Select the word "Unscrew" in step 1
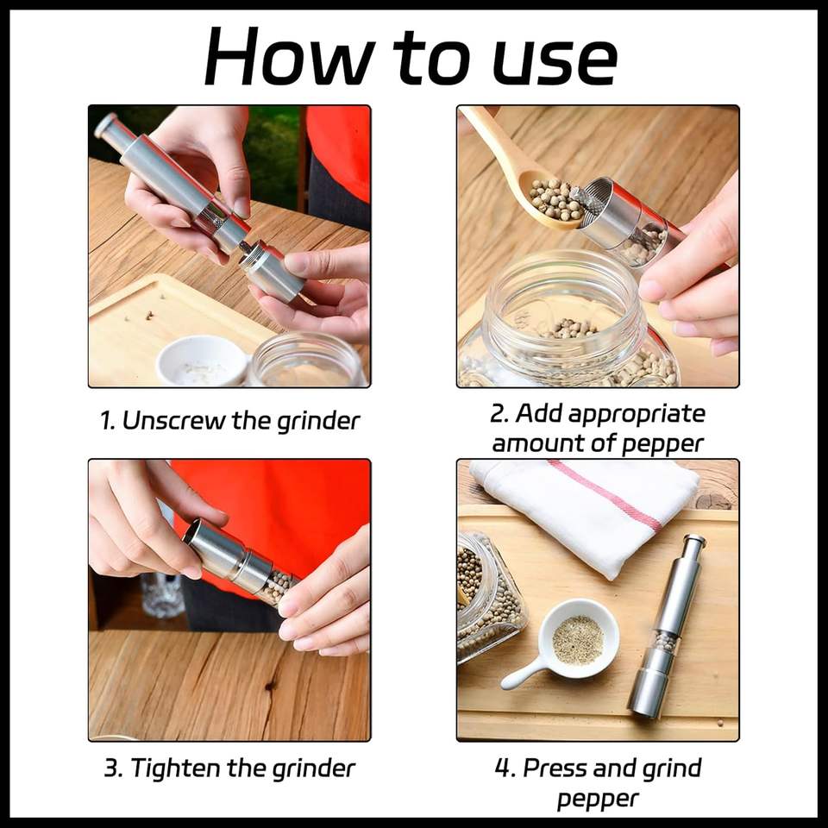pos(173,421)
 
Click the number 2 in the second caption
pos(498,413)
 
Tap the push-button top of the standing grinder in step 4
pos(693,541)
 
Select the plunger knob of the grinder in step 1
pos(105,124)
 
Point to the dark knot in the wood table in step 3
pos(272,686)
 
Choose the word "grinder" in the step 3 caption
pos(313,768)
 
